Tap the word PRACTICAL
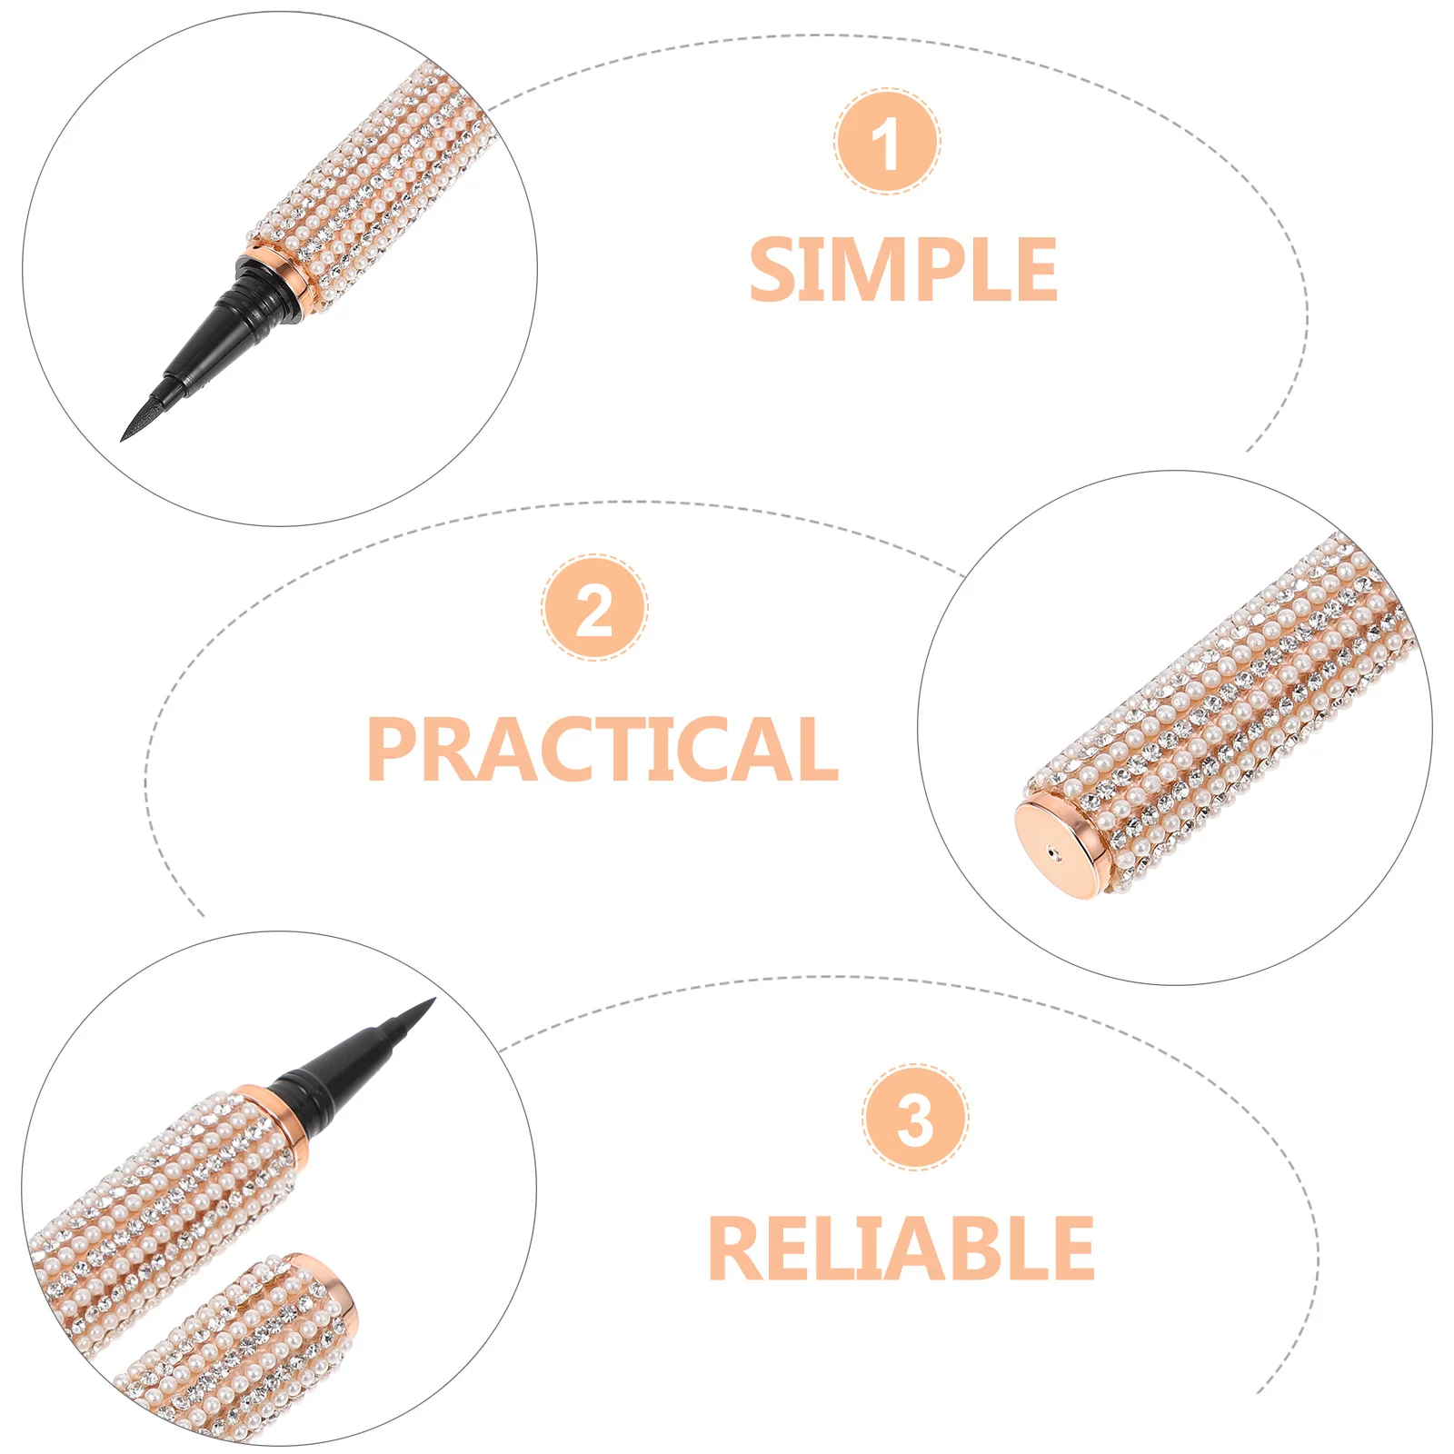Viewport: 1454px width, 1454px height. tap(602, 749)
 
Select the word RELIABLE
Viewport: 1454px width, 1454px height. tap(901, 1249)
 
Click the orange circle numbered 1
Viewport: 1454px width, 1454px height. tap(887, 142)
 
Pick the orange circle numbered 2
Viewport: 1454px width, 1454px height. tap(595, 607)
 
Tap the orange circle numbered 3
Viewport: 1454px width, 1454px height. tap(915, 1117)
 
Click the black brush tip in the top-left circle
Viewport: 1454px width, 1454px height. tap(141, 418)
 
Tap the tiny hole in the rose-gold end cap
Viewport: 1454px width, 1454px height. tap(1051, 854)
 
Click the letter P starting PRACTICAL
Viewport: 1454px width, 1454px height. tap(391, 749)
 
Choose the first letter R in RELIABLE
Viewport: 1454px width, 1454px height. tap(732, 1249)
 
